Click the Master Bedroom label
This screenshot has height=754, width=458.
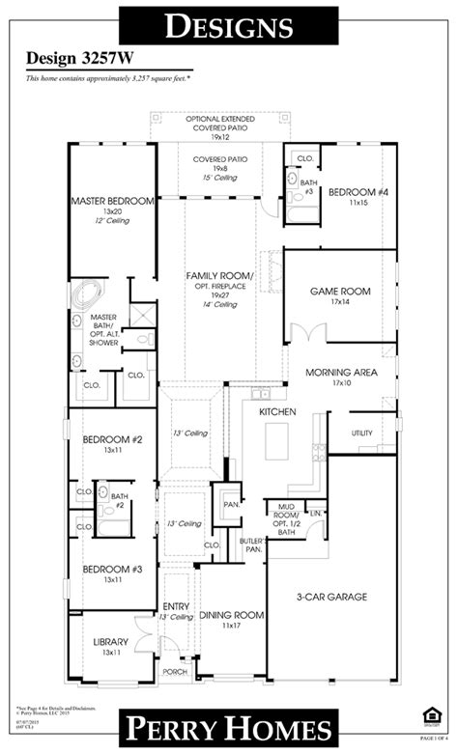coord(112,202)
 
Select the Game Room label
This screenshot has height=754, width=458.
coord(339,291)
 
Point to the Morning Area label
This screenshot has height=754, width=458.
coord(340,372)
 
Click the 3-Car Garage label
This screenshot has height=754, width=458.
coord(330,597)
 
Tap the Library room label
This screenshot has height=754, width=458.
coord(112,642)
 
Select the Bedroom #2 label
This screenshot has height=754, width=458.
coord(112,439)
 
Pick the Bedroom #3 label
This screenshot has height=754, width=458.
coord(112,570)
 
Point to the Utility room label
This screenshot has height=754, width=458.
coord(361,433)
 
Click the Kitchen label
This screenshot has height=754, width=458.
coord(275,412)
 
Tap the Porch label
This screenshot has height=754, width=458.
coord(175,672)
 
